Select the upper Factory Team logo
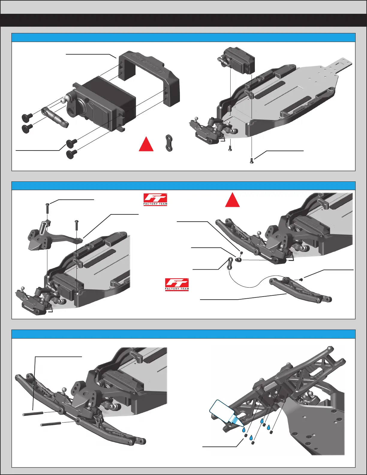pos(155,199)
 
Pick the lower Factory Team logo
pos(177,284)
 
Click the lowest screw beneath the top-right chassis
pos(252,161)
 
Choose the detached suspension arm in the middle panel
pos(300,289)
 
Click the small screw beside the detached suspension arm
pos(301,279)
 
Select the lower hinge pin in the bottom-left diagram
pos(51,424)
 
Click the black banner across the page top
pos(183,20)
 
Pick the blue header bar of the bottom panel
pos(183,334)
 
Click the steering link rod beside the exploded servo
pos(55,116)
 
